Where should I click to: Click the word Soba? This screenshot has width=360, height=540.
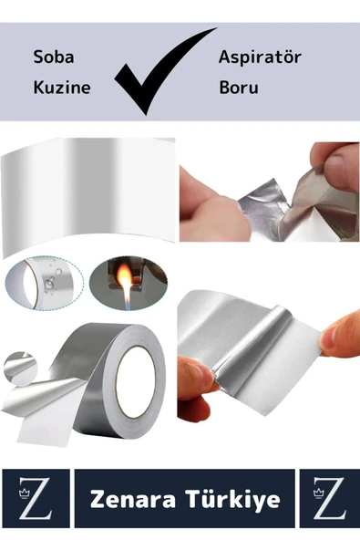click(x=53, y=57)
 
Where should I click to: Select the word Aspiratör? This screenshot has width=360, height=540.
click(x=260, y=57)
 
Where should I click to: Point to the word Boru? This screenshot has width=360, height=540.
click(x=238, y=88)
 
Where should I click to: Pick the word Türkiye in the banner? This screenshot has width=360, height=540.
click(x=232, y=499)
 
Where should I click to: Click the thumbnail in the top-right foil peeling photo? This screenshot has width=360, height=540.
click(x=338, y=169)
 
